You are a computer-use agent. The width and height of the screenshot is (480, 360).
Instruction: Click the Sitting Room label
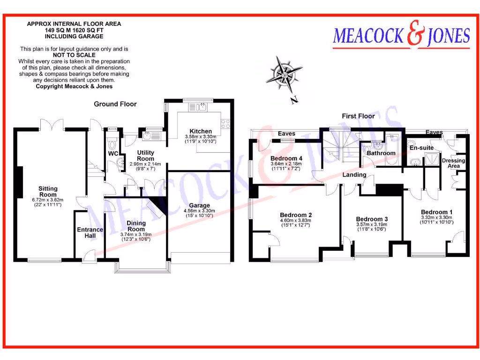pyautogui.click(x=48, y=191)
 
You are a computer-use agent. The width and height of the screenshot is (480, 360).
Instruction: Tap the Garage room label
pyautogui.click(x=199, y=205)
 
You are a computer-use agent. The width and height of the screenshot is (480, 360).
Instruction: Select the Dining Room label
pyautogui.click(x=136, y=226)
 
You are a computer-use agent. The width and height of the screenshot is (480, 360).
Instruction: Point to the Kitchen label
pyautogui.click(x=201, y=131)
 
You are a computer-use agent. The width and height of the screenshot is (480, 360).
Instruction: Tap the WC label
pyautogui.click(x=113, y=153)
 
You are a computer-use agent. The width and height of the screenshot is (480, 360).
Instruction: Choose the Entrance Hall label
pyautogui.click(x=90, y=232)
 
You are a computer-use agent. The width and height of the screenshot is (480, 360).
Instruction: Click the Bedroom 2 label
pyautogui.click(x=296, y=215)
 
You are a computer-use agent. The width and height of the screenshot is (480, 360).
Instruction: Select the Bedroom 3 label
pyautogui.click(x=372, y=219)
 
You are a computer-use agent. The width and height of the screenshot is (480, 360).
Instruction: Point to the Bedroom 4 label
pyautogui.click(x=286, y=158)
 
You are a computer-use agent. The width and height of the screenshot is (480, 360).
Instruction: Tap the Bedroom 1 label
pyautogui.click(x=436, y=212)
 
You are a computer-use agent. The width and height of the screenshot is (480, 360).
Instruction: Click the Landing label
pyautogui.click(x=354, y=175)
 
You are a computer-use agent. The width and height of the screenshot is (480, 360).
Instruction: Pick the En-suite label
pyautogui.click(x=421, y=148)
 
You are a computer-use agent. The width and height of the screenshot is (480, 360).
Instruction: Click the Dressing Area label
pyautogui.click(x=454, y=163)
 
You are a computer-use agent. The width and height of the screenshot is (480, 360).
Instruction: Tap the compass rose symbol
pyautogui.click(x=283, y=73)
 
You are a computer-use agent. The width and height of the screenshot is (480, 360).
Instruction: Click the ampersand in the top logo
pyautogui.click(x=413, y=37)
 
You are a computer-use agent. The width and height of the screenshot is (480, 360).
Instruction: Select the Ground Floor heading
pyautogui.click(x=115, y=104)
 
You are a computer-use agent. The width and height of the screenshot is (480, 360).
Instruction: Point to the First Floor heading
pyautogui.click(x=358, y=116)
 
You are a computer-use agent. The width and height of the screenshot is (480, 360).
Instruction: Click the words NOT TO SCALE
pyautogui.click(x=74, y=55)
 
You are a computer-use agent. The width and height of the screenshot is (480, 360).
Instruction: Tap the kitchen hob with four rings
pyautogui.click(x=225, y=124)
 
